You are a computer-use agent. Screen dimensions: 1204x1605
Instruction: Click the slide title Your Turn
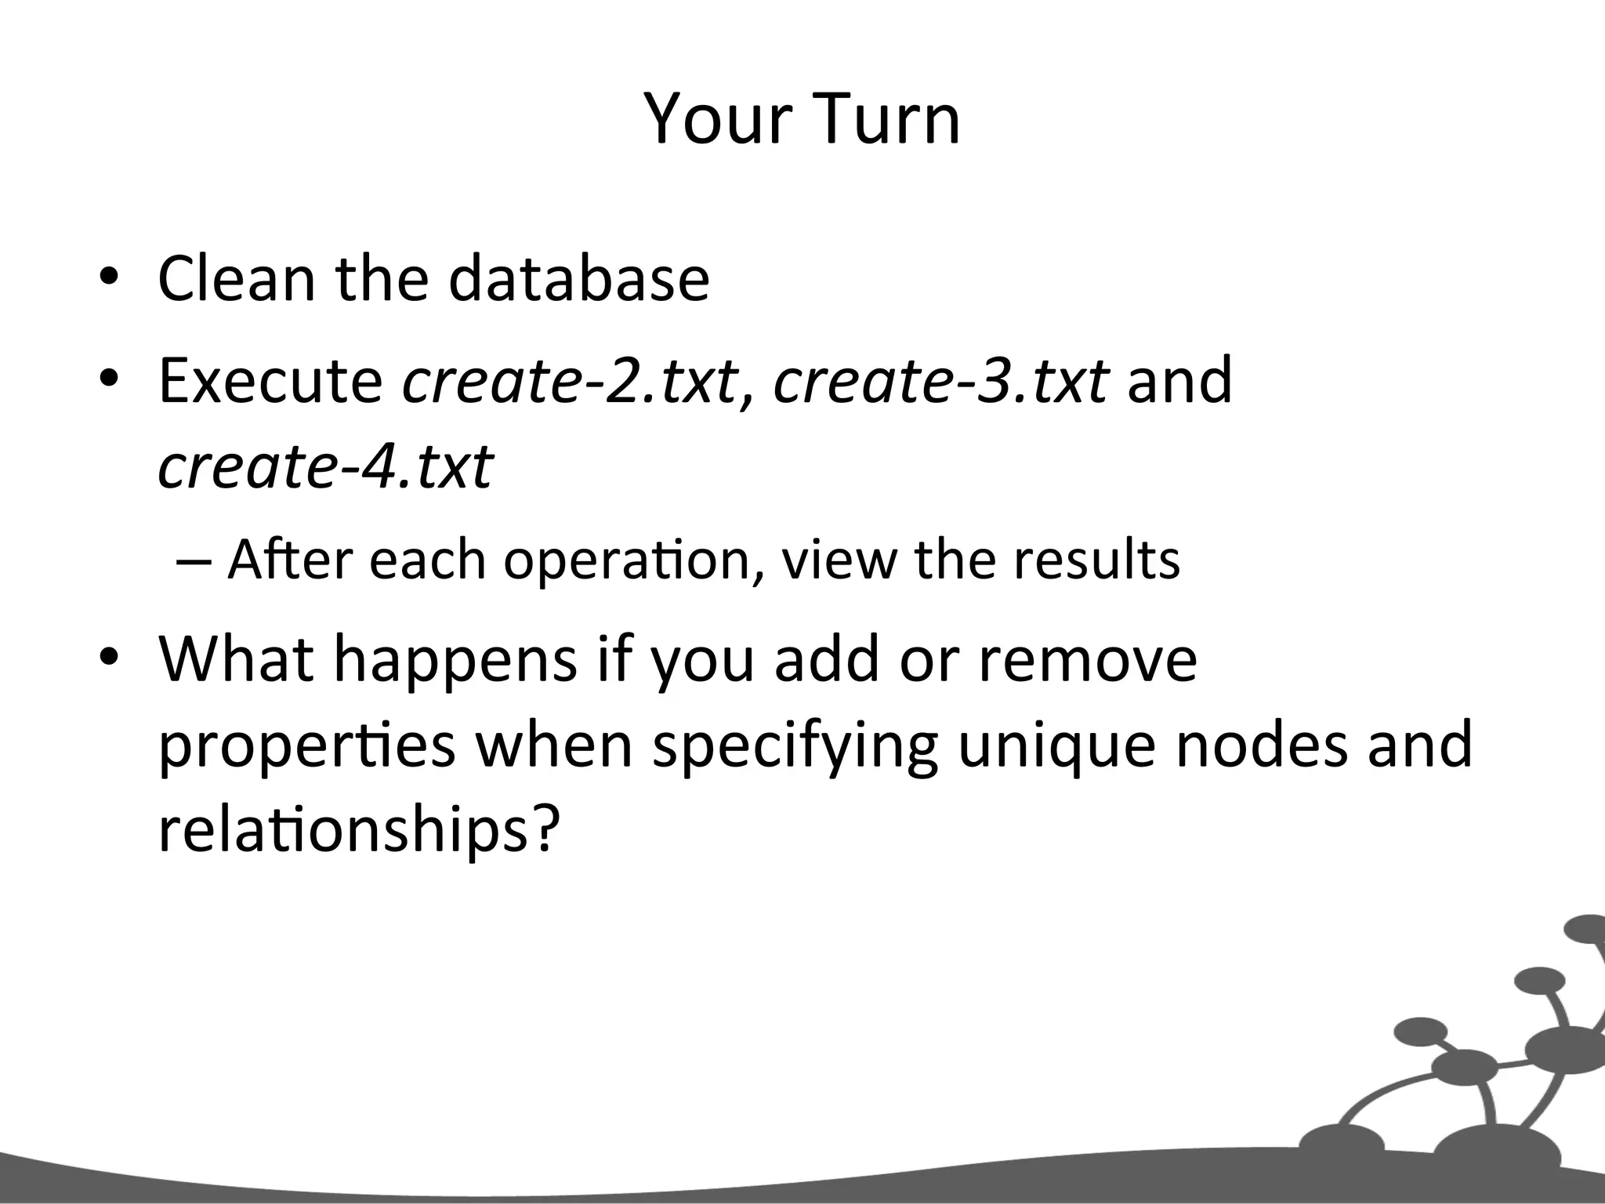point(802,119)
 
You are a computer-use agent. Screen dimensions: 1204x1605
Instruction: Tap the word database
point(579,278)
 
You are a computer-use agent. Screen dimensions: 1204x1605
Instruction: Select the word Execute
point(270,381)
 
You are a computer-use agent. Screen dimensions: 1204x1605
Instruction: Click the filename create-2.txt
point(570,381)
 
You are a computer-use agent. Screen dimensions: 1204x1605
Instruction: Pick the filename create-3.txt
point(940,381)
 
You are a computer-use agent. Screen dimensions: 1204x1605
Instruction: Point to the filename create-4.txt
point(325,467)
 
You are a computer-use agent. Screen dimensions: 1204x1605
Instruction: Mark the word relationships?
point(360,832)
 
